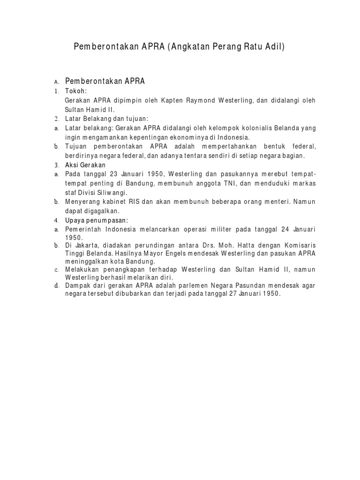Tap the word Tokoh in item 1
[x=75, y=91]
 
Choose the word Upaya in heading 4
[x=75, y=220]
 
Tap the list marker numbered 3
[x=56, y=165]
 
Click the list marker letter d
[x=56, y=285]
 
